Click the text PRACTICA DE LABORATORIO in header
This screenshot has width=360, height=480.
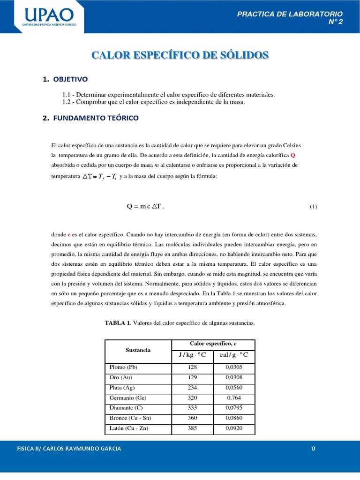[290, 14]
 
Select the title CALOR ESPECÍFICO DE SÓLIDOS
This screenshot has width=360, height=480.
[180, 55]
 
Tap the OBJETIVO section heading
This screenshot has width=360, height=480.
[70, 79]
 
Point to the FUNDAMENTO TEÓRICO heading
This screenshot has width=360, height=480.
[96, 118]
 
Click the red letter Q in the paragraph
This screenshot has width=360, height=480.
[293, 155]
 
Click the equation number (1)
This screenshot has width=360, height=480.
[313, 207]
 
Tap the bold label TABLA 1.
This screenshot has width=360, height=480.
[118, 323]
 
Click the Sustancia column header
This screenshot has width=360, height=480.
[138, 350]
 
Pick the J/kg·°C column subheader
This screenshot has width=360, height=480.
[192, 355]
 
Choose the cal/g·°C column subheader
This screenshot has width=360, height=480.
[233, 355]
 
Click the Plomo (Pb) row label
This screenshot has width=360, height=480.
[124, 367]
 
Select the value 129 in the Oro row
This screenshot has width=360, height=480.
[192, 377]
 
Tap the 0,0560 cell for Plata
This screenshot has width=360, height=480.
[233, 388]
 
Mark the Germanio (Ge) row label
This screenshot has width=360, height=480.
[128, 398]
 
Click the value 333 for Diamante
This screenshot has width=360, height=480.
[192, 408]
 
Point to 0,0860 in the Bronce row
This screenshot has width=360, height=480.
[233, 418]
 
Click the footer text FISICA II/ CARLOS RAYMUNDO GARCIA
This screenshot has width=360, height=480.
[68, 449]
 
